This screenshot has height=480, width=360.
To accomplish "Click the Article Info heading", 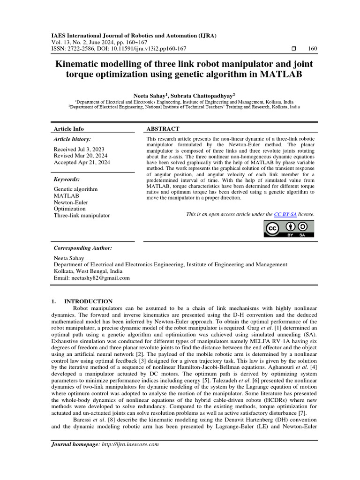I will point(69,129).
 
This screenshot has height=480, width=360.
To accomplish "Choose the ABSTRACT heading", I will point(163,129).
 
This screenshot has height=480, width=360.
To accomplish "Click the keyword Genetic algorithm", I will point(76,189).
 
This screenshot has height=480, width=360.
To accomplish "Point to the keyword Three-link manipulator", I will point(82,215).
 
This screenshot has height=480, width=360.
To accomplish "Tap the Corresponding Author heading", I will point(83,247).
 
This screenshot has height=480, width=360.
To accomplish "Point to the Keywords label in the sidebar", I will point(67,179).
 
